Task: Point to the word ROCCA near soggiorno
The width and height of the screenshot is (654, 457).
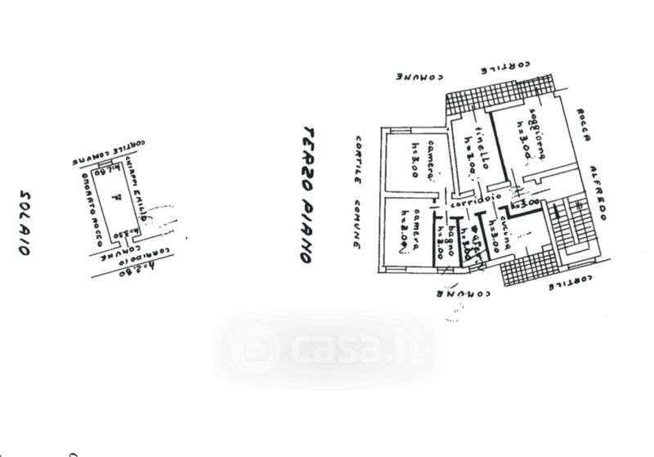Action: pyautogui.click(x=582, y=127)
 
